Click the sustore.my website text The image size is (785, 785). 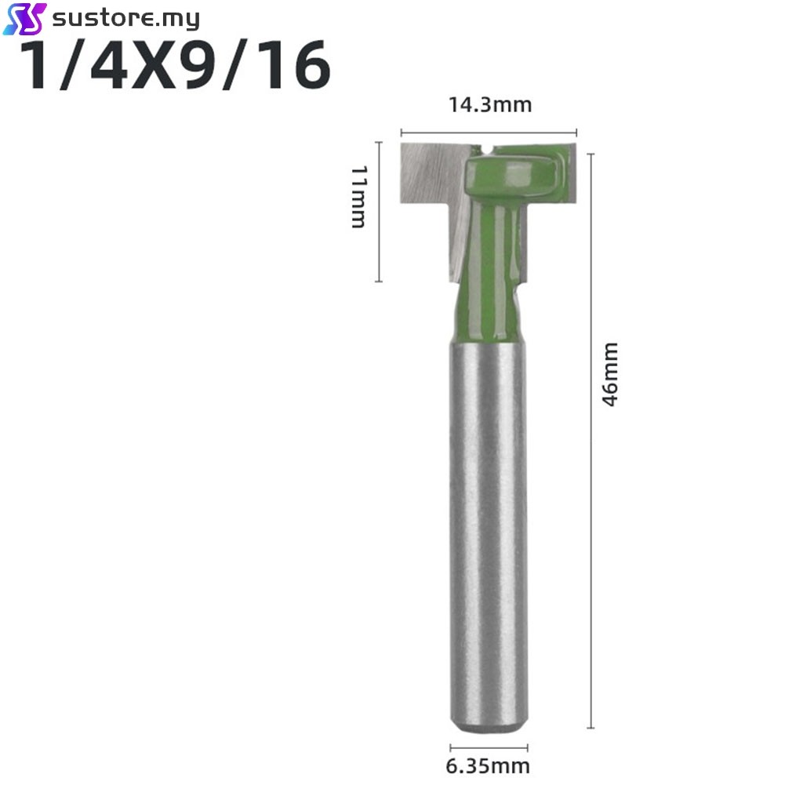click(125, 19)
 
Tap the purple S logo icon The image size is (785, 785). click(24, 19)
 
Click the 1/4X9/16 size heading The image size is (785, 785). click(174, 66)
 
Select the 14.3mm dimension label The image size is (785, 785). click(489, 105)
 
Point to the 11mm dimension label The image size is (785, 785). click(359, 197)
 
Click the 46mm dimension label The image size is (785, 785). click(610, 375)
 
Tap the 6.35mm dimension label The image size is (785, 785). click(488, 766)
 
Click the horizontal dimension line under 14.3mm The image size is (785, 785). click(489, 133)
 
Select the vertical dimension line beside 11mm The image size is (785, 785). click(379, 212)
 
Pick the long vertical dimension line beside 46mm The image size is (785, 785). click(591, 441)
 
